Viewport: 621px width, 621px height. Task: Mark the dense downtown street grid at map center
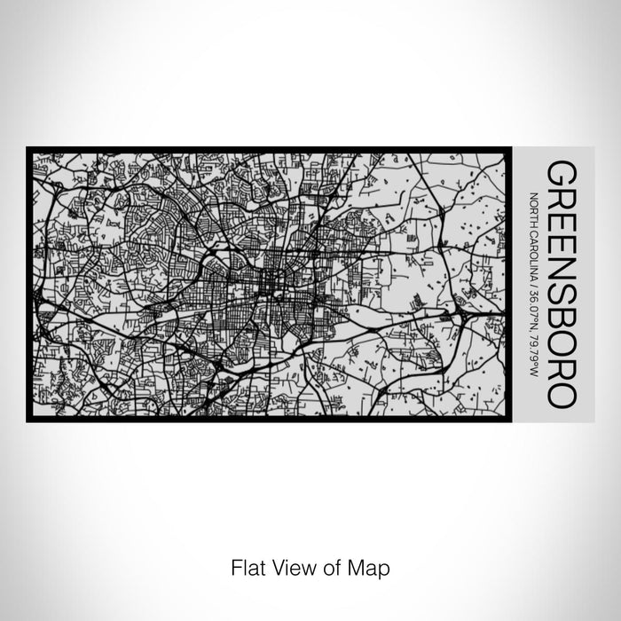pyautogui.click(x=266, y=284)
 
